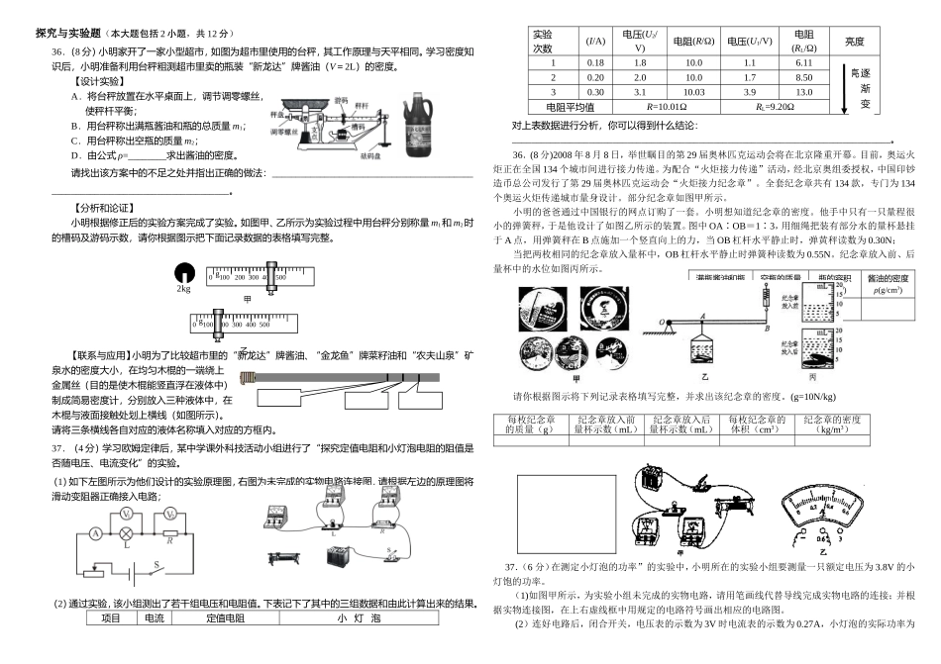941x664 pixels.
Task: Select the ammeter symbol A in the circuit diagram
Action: click(94, 532)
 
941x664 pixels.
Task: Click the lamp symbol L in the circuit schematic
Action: click(127, 532)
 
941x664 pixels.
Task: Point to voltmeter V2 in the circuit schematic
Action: click(171, 516)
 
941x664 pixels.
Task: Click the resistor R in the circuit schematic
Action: click(172, 533)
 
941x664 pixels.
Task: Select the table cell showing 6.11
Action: click(803, 62)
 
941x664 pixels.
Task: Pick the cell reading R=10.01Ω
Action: click(666, 107)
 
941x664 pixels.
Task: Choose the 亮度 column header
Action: click(854, 42)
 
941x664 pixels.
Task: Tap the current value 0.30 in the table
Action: click(595, 92)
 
